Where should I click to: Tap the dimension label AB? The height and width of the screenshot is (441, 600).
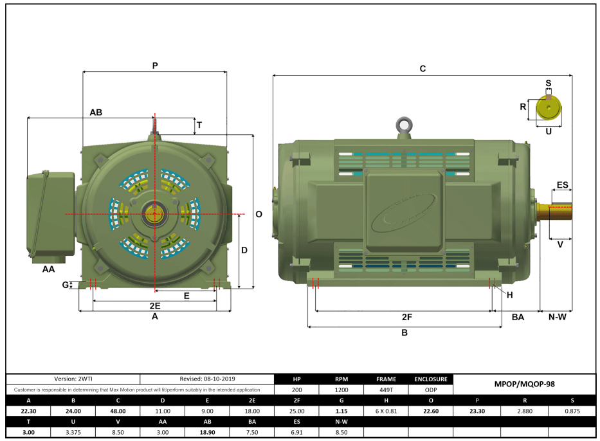[x=96, y=112]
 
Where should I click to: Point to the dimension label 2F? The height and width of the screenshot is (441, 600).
[x=406, y=317]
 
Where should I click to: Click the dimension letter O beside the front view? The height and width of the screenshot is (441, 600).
[x=259, y=214]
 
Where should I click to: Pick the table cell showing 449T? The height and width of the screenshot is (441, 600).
[x=386, y=390]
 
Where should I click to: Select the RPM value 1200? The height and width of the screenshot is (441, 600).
[x=342, y=390]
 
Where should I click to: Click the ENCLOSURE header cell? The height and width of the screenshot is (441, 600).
[x=430, y=379]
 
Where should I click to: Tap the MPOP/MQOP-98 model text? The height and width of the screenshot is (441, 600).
[x=525, y=384]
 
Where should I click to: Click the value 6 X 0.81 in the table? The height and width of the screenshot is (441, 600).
[x=386, y=410]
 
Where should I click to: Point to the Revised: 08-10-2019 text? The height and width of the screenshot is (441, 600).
[x=207, y=379]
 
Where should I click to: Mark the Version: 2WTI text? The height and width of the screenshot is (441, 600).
[x=73, y=379]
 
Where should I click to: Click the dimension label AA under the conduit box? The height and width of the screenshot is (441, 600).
[x=48, y=269]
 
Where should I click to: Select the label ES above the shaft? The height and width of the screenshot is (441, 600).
[x=562, y=185]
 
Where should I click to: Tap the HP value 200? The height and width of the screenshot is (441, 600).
[x=296, y=390]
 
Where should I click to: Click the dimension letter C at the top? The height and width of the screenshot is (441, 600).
[x=423, y=68]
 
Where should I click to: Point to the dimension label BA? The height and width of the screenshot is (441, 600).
[x=518, y=317]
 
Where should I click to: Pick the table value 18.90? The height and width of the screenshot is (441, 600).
[x=207, y=431]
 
